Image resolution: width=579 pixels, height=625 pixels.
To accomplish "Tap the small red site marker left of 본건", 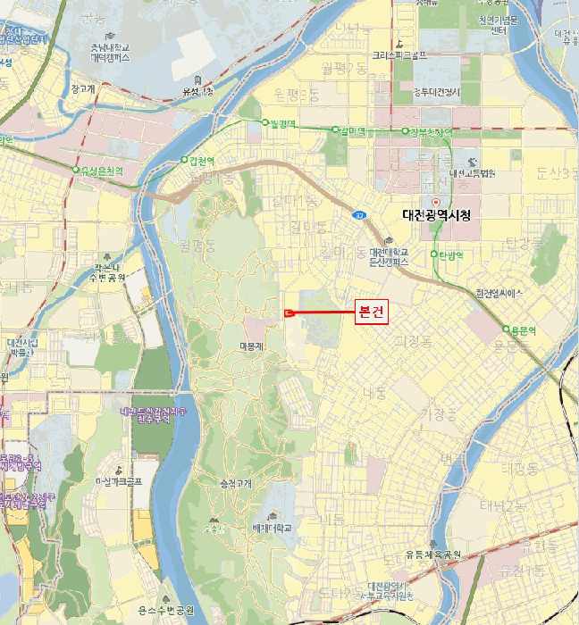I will point(289,312).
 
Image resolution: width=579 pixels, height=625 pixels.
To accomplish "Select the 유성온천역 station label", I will point(102,170).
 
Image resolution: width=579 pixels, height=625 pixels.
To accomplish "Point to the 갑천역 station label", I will point(203,161).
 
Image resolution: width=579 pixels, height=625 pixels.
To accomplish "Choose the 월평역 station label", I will point(284,122).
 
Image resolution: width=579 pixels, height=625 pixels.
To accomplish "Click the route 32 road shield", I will point(357,215).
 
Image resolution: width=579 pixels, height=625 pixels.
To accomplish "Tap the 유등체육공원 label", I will point(432,554).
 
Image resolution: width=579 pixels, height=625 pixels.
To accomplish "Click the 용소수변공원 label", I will point(166,610).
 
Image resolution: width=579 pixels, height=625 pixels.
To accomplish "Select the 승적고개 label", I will point(237,483).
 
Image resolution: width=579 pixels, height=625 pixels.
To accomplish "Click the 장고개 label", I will point(82,88).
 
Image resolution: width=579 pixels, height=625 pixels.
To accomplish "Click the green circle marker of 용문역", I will point(505,329).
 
